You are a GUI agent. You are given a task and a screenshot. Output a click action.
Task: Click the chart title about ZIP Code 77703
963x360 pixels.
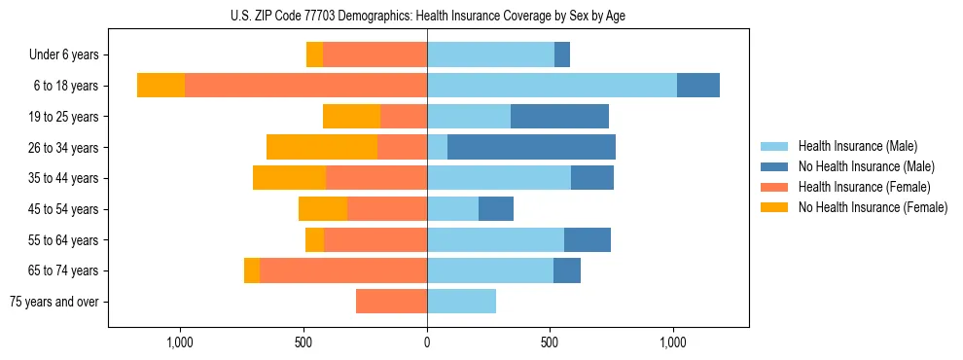coord(427,16)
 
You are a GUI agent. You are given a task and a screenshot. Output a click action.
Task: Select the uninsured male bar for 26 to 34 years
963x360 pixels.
coord(531,147)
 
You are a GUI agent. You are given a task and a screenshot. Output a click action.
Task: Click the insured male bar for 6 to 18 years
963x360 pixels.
coord(552,86)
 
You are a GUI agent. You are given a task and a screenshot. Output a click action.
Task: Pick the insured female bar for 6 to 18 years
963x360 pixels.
coord(305,86)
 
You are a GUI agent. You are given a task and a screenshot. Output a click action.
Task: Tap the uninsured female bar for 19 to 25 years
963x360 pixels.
coord(351,117)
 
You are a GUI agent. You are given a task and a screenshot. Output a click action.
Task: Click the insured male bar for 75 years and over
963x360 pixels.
coord(461,302)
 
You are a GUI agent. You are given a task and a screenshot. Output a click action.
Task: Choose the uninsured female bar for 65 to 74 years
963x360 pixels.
coord(252,270)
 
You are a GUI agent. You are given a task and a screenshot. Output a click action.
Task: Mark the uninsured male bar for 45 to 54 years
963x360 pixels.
coord(496,209)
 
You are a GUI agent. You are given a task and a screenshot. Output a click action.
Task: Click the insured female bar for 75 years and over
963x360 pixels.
coord(391,302)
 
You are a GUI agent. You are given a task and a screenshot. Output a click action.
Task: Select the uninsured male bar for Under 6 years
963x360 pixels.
coord(562,55)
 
